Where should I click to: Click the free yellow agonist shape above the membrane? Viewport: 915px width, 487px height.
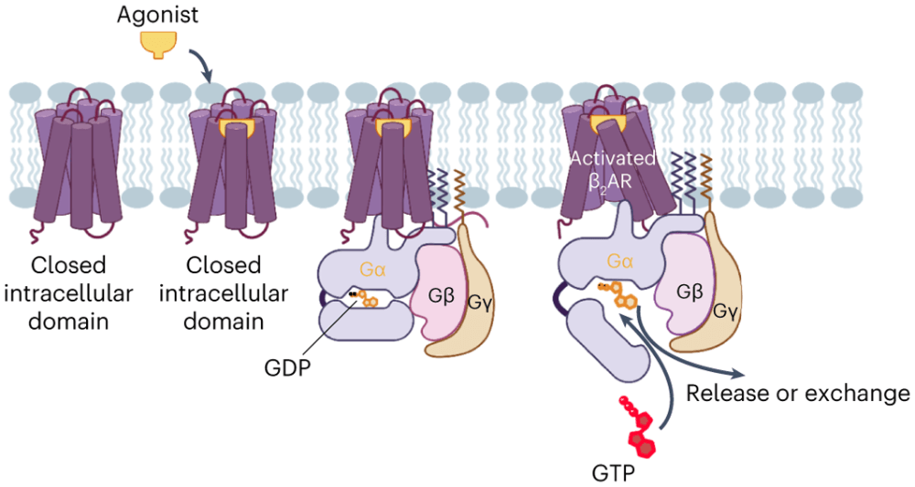coord(157,45)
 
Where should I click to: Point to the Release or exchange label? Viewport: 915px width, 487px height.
coord(798,394)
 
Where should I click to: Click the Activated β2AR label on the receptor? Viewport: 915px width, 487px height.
coord(612,166)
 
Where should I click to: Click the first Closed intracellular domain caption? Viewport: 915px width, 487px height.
coord(69,293)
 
